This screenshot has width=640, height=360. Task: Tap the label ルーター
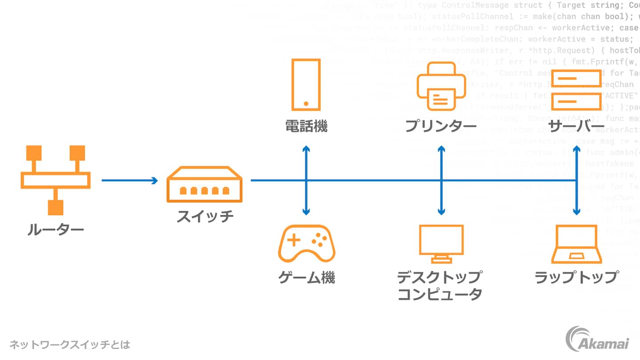pos(56,230)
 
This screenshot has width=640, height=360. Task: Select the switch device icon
pos(204,184)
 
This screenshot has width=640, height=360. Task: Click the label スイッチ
pos(205,216)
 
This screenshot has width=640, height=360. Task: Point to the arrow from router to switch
pos(129,180)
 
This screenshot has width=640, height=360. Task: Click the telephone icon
pos(306,84)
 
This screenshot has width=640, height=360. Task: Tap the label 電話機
pos(306,126)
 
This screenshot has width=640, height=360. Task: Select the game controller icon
pos(307,244)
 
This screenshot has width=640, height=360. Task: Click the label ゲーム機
pos(306,278)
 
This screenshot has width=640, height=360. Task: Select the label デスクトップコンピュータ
pos(440,286)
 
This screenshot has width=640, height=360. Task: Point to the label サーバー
pos(576,126)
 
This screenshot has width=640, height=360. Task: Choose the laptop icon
pos(577,244)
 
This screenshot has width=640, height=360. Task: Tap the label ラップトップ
pos(576,277)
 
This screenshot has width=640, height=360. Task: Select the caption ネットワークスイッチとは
pos(70,344)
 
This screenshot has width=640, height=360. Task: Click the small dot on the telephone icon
pos(306,104)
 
